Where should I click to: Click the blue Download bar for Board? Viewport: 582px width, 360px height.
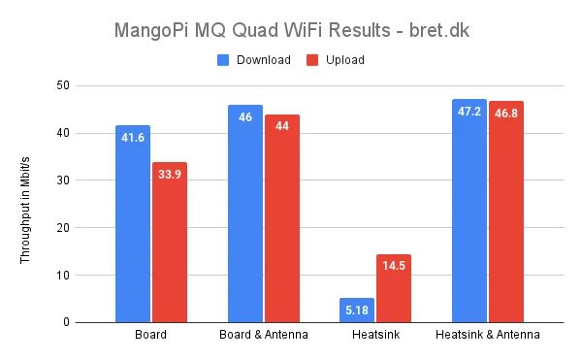[133, 224]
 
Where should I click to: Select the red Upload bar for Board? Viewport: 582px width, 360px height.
[169, 243]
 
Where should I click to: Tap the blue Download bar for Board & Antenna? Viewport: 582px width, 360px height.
[245, 213]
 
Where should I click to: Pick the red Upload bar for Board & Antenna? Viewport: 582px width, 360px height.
[282, 218]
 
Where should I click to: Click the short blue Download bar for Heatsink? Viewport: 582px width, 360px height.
[358, 311]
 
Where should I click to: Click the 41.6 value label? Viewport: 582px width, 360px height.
[133, 138]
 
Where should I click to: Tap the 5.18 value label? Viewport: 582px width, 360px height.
[358, 310]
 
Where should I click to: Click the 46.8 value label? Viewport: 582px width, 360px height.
[506, 113]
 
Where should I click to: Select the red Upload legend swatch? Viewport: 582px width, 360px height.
[313, 60]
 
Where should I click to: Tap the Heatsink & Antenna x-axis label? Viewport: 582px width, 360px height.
[488, 336]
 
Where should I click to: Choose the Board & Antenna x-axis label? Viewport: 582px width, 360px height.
[264, 336]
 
